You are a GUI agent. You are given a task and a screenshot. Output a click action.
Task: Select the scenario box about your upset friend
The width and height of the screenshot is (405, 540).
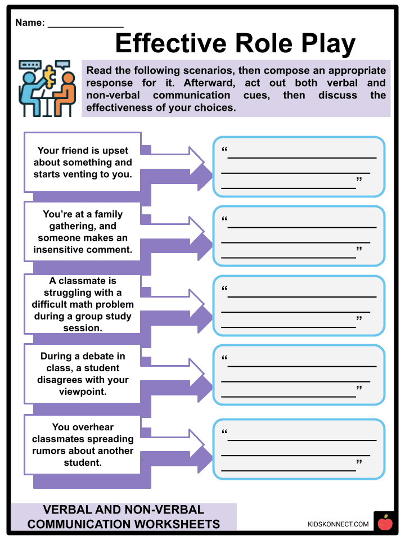click(x=83, y=162)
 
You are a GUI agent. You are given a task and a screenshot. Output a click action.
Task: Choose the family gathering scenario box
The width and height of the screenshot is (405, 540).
click(x=83, y=231)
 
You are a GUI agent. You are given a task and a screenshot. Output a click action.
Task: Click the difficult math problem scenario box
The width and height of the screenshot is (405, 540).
click(x=83, y=304)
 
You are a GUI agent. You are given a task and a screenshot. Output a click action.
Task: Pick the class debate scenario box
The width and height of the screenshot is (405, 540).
click(x=83, y=373)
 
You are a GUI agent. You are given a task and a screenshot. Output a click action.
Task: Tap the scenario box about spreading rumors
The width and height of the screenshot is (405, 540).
click(x=83, y=444)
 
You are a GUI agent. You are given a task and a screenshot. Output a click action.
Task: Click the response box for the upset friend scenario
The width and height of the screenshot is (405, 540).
click(x=299, y=166)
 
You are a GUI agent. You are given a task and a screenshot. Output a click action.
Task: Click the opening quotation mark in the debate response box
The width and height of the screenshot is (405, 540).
click(x=224, y=358)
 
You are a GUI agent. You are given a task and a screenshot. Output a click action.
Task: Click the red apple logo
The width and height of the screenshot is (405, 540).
click(x=385, y=523)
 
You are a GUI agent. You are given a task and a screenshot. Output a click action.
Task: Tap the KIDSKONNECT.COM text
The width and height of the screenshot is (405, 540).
click(x=338, y=524)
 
